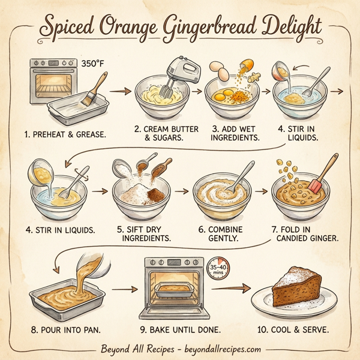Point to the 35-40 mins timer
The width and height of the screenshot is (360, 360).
pyautogui.click(x=218, y=269)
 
